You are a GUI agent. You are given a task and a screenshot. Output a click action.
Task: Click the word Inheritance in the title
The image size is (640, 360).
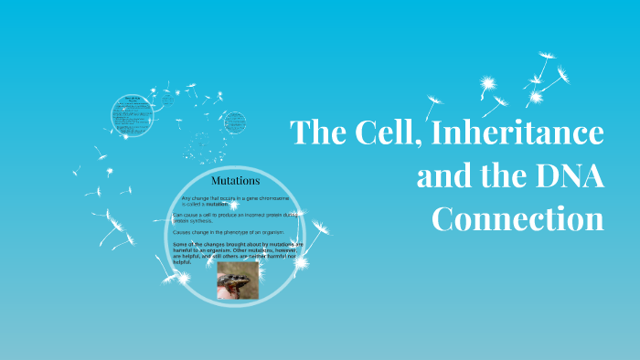point(517,133)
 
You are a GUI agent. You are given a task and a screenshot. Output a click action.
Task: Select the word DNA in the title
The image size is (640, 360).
point(567,175)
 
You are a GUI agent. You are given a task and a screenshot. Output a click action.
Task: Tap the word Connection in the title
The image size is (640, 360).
point(517,219)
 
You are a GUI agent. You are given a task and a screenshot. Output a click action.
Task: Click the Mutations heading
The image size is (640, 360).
point(235,180)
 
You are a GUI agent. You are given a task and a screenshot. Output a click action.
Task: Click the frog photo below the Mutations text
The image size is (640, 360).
point(238,282)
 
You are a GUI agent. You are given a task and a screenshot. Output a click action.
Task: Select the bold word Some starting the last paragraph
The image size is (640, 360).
point(181,245)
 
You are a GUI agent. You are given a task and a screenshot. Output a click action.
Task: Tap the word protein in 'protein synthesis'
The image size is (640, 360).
point(182,220)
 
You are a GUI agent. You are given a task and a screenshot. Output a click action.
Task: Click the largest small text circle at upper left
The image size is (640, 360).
point(131,114)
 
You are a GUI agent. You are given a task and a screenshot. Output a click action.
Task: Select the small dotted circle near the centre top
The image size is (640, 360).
point(235,122)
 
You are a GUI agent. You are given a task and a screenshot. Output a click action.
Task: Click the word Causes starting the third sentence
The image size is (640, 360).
point(183,233)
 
